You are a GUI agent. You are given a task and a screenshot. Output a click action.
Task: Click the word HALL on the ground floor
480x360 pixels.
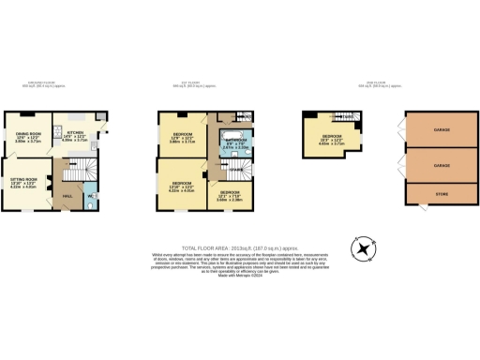pos(67,195)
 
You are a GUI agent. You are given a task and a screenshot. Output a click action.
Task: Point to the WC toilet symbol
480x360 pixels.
pos(89,205)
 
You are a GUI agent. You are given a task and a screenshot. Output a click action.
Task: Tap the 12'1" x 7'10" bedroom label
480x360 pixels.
pos(230,195)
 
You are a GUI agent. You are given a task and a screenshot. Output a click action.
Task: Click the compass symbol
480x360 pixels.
pos(362,247)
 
